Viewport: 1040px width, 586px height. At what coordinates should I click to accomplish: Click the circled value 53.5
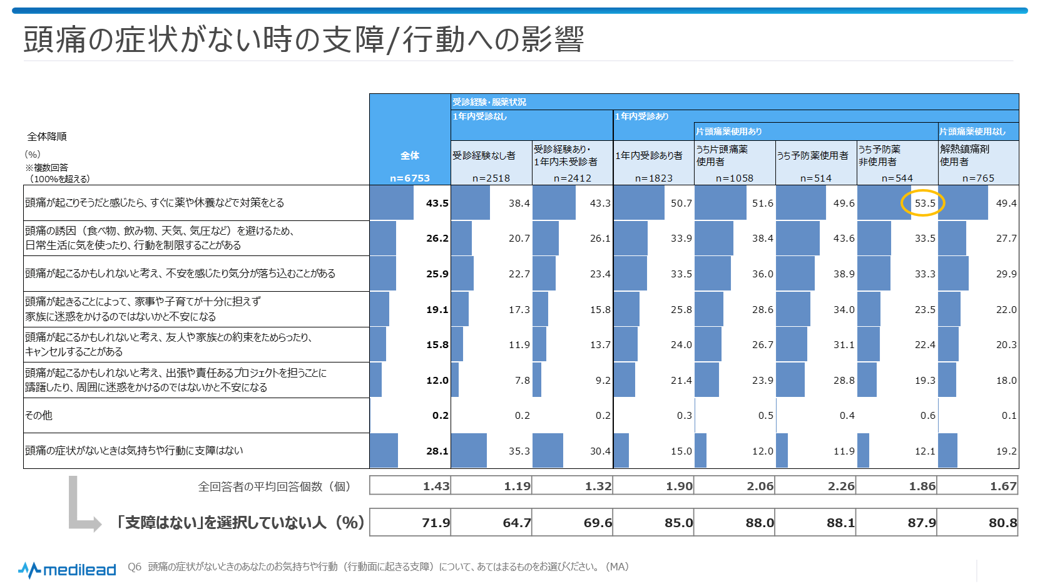click(924, 203)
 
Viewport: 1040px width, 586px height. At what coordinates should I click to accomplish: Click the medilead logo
click(68, 570)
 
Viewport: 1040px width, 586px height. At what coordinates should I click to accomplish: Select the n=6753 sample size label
click(410, 178)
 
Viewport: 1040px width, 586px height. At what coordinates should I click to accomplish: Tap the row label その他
click(39, 415)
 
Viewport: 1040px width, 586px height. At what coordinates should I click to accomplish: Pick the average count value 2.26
click(841, 486)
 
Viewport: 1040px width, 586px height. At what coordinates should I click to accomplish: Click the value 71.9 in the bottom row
click(436, 523)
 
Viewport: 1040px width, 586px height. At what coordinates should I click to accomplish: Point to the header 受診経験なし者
click(484, 155)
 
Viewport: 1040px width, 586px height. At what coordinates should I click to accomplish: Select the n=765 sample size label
click(978, 178)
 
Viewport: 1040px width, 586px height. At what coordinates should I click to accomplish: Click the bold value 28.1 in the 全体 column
click(437, 451)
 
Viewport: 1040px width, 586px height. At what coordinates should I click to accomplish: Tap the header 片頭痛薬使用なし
click(972, 131)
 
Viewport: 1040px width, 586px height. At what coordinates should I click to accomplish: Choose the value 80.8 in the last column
click(1002, 523)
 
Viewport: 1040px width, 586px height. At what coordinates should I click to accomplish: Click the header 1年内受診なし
click(479, 116)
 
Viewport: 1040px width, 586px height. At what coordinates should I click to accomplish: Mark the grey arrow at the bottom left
click(81, 507)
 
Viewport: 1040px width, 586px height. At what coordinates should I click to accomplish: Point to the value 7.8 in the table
click(522, 380)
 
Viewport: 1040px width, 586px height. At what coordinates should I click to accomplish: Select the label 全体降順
click(47, 136)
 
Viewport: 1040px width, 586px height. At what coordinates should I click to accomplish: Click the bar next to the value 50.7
click(639, 203)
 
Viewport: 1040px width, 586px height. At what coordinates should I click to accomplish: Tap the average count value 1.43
click(436, 486)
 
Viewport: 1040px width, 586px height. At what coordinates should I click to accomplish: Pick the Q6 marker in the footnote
click(135, 567)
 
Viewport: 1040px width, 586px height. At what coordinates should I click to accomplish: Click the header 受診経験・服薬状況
click(489, 102)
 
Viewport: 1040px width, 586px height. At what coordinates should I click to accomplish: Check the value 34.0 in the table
click(844, 309)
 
